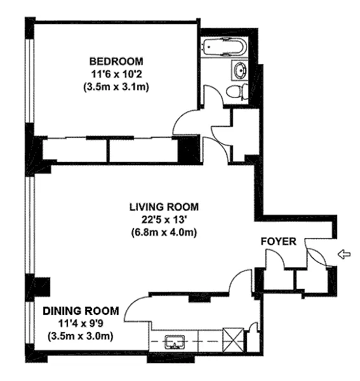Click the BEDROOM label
[116, 61]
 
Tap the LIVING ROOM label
[164, 207]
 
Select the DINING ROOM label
[81, 311]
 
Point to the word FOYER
[279, 241]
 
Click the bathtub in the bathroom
[225, 47]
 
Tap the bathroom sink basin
[240, 70]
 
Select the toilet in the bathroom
[237, 91]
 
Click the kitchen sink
[175, 342]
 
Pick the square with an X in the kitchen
[233, 340]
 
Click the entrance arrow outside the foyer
[345, 255]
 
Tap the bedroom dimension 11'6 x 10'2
[116, 74]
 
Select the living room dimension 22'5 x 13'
[164, 220]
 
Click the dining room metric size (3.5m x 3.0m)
[81, 337]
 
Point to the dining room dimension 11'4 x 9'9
[81, 324]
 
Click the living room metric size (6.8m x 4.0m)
[164, 233]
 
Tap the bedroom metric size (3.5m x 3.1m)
[116, 87]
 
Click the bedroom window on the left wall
[30, 81]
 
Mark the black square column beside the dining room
[42, 286]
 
